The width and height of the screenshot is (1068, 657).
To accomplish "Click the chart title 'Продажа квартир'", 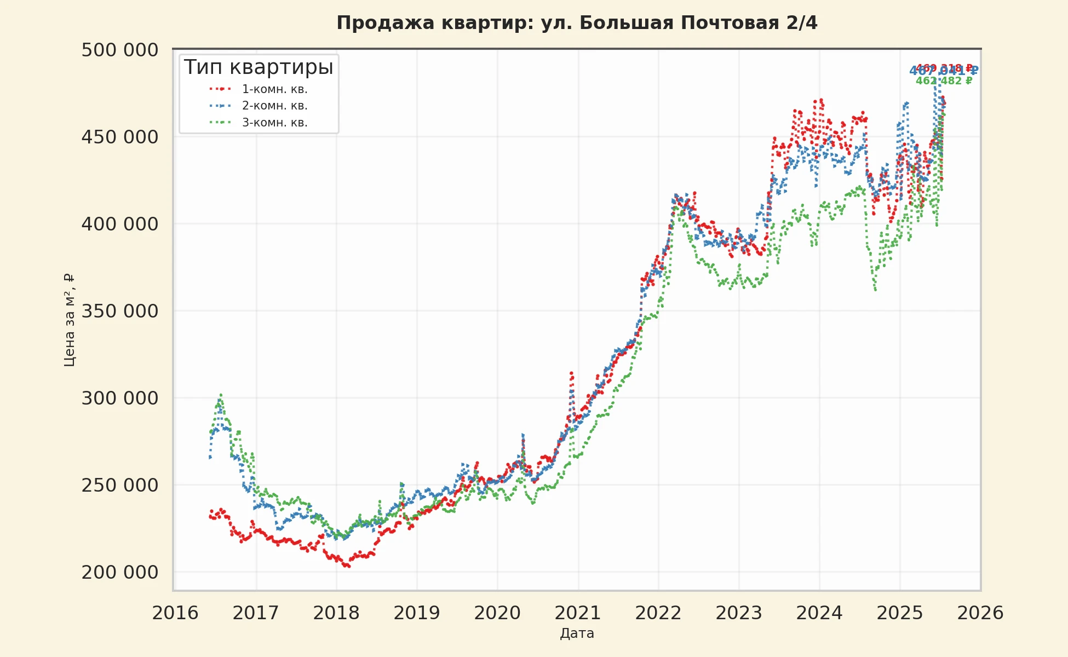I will click(577, 23).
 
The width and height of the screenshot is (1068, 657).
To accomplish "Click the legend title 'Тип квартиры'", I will click(259, 67).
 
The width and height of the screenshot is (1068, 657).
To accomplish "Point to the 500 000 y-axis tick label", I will click(120, 50).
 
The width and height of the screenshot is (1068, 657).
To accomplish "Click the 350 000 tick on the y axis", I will click(120, 311).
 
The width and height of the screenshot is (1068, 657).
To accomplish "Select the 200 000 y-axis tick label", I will click(120, 572).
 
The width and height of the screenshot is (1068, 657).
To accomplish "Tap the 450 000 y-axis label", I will click(120, 137).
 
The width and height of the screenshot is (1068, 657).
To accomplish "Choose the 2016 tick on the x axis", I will click(175, 613).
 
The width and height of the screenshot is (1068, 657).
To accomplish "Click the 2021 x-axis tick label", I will click(578, 613).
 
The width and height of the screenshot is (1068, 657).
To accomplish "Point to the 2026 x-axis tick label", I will click(980, 613).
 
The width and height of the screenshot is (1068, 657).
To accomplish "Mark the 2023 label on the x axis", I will click(739, 613).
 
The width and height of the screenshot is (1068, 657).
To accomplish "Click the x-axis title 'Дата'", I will click(577, 633).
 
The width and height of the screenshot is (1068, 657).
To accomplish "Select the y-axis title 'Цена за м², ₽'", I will click(70, 320).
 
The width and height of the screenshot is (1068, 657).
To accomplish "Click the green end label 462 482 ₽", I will click(944, 81).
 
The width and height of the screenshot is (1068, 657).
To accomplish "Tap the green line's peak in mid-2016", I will click(221, 395).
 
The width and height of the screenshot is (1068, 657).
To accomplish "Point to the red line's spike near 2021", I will click(571, 373).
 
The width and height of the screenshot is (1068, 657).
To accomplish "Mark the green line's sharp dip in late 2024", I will click(875, 290).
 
